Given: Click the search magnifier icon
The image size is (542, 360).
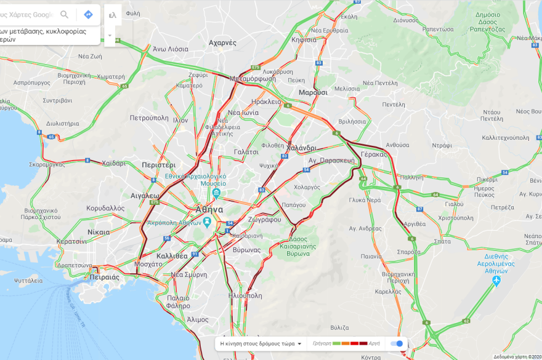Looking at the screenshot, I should click(64, 14).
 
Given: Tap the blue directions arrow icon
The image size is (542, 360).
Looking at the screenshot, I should click(88, 14).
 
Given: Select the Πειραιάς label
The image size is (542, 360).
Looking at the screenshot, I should click(104, 277).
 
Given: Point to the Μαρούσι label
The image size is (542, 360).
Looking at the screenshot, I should click(313, 92).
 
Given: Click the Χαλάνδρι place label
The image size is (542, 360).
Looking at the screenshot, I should click(301, 148).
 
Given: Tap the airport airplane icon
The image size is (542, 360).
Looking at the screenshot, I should click(496, 281).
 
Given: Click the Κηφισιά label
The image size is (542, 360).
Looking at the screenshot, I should click(304, 39).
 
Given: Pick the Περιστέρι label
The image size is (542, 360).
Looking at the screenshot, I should click(158, 165).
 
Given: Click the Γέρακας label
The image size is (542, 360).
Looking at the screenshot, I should click(374, 154).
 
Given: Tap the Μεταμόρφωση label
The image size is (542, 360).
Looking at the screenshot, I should click(252, 79).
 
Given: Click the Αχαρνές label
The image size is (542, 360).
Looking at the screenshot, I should click(222, 43).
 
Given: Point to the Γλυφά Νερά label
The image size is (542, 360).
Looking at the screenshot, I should click(365, 200).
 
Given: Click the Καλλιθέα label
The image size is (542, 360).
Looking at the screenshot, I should click(172, 255).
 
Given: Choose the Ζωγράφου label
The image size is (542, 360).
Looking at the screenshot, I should click(265, 220).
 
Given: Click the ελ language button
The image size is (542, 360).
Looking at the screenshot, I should click(112, 14).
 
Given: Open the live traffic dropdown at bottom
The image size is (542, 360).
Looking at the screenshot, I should click(261, 343).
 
